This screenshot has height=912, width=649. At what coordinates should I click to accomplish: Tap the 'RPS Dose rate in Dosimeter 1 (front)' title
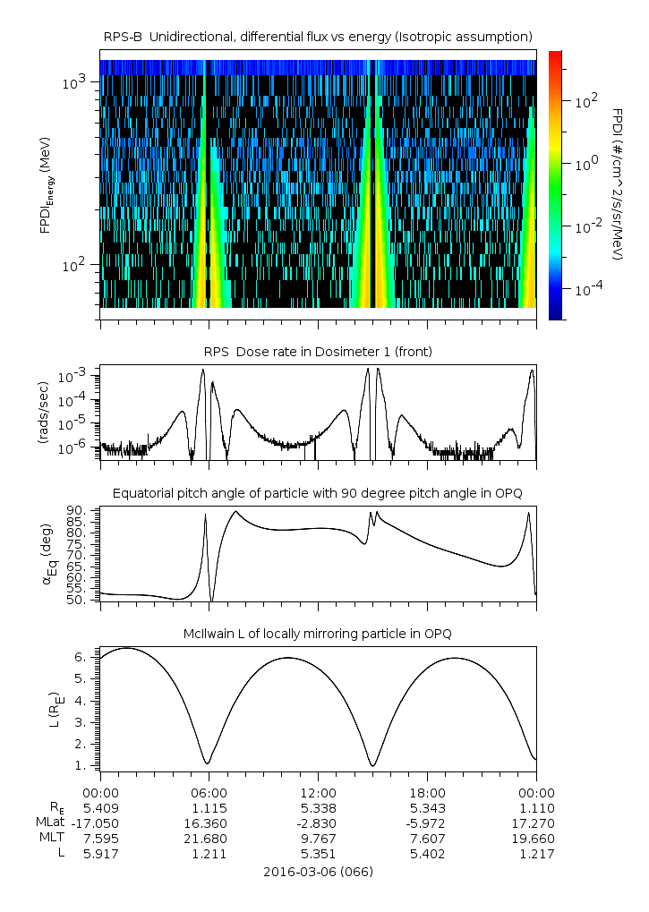click(x=318, y=352)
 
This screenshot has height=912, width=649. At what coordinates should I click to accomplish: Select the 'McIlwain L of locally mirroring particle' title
click(x=318, y=634)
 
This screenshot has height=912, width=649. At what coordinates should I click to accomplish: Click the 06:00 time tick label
click(x=209, y=792)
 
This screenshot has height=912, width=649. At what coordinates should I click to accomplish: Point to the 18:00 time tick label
click(x=427, y=792)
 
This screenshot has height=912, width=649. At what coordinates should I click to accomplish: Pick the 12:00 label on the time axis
click(x=318, y=792)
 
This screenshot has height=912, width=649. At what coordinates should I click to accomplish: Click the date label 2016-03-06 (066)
click(x=318, y=871)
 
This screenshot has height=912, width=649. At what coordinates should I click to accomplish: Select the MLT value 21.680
click(x=209, y=838)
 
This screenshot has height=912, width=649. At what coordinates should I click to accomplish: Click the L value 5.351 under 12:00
click(x=318, y=853)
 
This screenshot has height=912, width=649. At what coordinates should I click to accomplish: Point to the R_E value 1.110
click(x=536, y=807)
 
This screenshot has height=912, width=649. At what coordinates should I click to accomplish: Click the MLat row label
click(x=48, y=823)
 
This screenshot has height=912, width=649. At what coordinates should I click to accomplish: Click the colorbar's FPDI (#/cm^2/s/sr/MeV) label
click(x=618, y=183)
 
